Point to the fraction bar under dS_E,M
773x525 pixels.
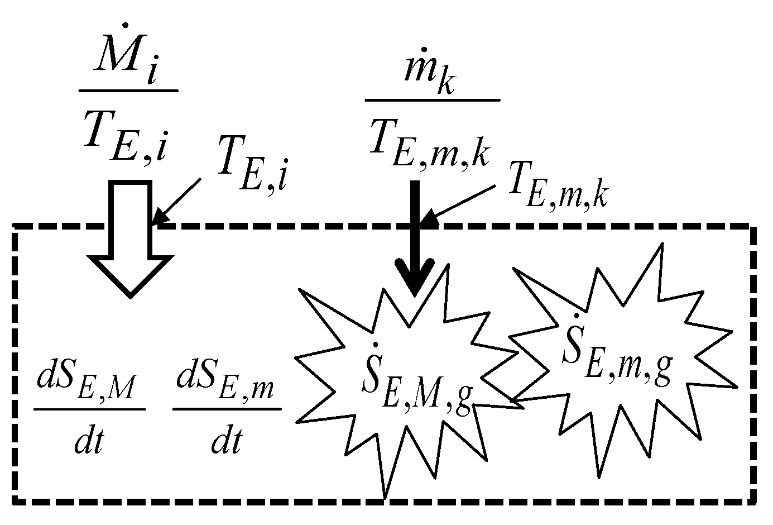point(89,409)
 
